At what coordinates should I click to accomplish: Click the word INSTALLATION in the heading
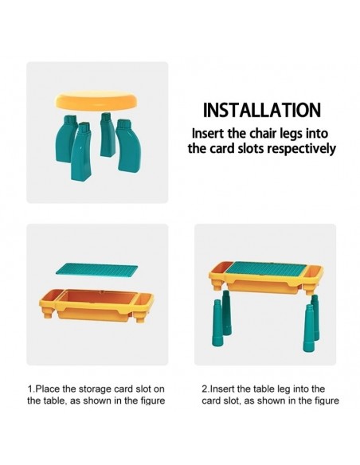(x=261, y=110)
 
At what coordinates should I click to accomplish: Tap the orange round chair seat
(x=96, y=101)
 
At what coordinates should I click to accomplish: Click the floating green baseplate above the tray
(x=97, y=268)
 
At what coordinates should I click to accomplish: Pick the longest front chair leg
(x=80, y=151)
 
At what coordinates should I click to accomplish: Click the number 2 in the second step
(x=205, y=389)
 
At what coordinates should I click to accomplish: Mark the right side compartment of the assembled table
(x=314, y=272)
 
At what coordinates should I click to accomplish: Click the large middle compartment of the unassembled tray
(x=96, y=299)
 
